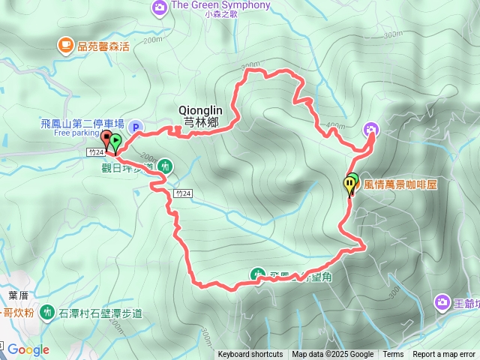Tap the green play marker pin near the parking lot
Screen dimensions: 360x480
click(x=116, y=140)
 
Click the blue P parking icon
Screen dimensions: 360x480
click(x=135, y=127)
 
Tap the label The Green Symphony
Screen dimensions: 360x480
click(x=220, y=5)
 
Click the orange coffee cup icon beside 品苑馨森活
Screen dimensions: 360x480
click(x=66, y=46)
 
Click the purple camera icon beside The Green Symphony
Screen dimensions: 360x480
click(x=159, y=7)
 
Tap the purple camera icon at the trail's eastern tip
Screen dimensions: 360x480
click(x=370, y=130)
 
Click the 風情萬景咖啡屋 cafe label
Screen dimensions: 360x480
click(x=400, y=183)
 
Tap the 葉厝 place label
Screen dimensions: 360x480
click(x=17, y=295)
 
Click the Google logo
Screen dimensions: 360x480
click(x=28, y=349)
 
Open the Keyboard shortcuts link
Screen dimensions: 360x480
click(x=250, y=355)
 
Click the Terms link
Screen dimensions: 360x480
click(x=393, y=355)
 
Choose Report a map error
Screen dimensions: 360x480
click(x=445, y=355)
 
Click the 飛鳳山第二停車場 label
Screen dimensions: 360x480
click(x=82, y=123)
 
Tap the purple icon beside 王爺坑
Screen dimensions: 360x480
click(x=442, y=301)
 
